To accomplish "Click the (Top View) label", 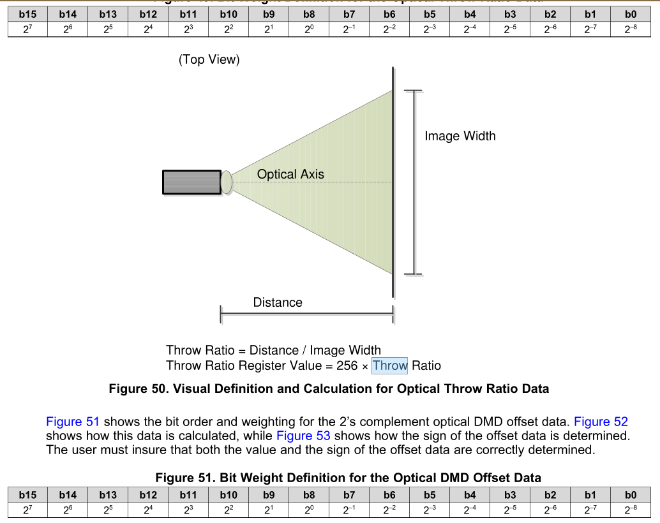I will coord(209,60).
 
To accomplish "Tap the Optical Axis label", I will coord(290,174).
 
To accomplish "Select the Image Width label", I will coord(460,136).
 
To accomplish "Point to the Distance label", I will coord(278,302).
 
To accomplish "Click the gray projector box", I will coord(191,182).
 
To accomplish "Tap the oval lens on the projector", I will coord(227,182).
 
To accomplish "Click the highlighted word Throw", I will coord(389,365).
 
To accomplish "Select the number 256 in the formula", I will coord(347,365).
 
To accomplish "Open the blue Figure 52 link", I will coord(601,422).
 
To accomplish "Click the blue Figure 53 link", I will coord(303,436).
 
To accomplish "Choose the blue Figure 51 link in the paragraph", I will coord(73,422).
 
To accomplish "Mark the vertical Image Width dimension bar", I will coord(414,182).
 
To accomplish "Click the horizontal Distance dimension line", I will coord(306,314).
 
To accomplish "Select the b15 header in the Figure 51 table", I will coord(27,494).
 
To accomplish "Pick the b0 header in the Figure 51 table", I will coord(631,494).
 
